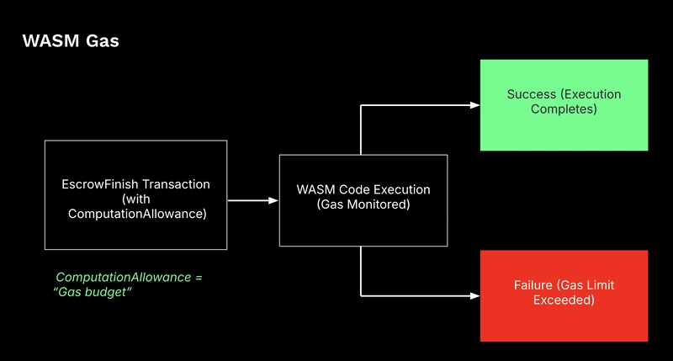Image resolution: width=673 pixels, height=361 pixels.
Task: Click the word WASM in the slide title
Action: click(51, 40)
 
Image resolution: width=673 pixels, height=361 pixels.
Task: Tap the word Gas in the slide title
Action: click(102, 40)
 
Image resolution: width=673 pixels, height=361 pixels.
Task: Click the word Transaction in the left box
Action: click(176, 184)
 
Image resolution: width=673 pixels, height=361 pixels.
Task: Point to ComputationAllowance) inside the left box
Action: click(137, 214)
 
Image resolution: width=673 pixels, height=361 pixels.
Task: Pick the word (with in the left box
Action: click(136, 199)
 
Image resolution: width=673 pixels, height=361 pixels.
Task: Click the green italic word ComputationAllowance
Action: click(124, 278)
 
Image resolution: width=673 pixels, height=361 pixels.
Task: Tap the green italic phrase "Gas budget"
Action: click(93, 292)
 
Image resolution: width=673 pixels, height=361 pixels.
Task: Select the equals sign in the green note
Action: click(199, 278)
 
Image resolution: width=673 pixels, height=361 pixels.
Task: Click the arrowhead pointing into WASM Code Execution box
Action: click(273, 200)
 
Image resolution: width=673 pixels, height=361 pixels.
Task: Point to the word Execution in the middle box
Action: click(403, 189)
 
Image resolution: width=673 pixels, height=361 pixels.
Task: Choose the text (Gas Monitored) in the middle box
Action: click(363, 204)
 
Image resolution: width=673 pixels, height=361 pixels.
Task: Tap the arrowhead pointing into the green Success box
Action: click(474, 105)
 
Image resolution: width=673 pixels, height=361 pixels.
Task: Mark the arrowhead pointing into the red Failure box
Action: click(474, 295)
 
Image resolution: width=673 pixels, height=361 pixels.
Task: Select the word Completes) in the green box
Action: click(564, 109)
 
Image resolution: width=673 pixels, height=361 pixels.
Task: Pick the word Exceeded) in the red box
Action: click(564, 300)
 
